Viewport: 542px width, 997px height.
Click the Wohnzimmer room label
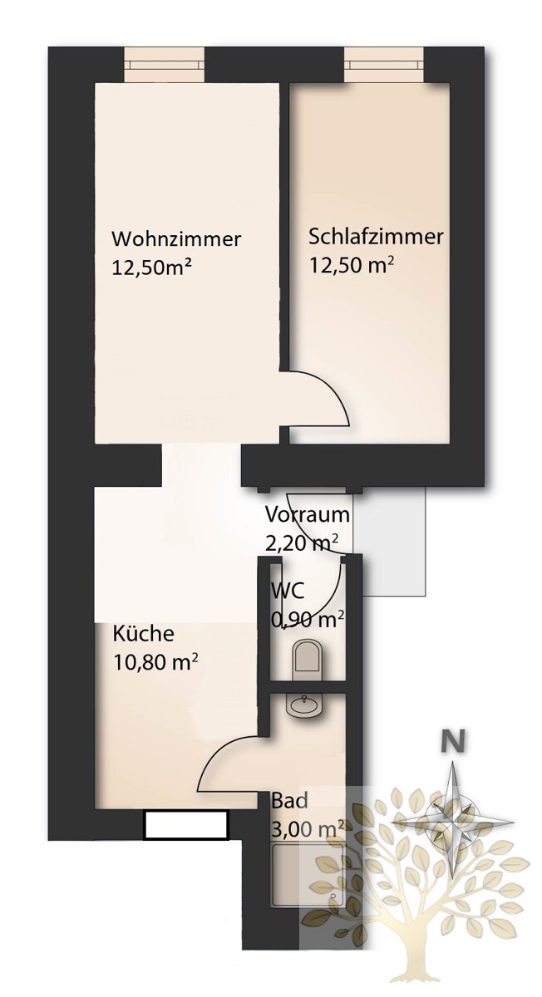coord(176,239)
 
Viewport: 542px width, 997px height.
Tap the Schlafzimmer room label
coord(377,236)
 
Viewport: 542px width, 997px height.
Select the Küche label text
coord(143,633)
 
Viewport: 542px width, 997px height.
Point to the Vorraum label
coord(308,514)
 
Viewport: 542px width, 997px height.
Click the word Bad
coord(289,801)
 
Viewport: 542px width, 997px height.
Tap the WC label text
coord(288,591)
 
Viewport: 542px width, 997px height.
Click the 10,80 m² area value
coord(155,663)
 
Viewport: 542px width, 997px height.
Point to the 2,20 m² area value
coord(302,543)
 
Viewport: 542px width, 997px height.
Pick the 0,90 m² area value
coord(308,620)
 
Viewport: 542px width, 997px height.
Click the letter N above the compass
coord(452,741)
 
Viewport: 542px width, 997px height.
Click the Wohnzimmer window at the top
coord(164,65)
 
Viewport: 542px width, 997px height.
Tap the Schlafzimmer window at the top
coord(384,65)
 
